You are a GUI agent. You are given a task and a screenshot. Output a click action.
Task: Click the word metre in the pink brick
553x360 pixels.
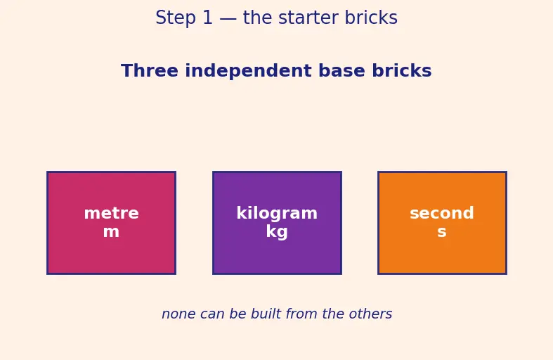112,213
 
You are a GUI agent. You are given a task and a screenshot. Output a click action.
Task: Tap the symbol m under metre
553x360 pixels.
111,232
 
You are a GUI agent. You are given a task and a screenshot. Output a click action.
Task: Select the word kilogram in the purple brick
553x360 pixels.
277,213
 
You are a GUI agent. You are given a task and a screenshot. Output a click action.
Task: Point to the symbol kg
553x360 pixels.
277,232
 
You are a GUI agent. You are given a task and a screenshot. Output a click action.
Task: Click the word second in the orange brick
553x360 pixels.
442,213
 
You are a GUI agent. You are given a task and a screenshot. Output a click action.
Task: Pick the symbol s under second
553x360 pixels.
442,232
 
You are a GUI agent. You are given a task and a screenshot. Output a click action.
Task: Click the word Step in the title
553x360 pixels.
175,18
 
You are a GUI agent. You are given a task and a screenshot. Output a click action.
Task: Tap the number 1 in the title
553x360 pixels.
208,18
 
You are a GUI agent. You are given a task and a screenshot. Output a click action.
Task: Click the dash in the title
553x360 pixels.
228,20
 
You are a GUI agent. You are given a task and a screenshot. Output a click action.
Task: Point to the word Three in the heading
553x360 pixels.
150,70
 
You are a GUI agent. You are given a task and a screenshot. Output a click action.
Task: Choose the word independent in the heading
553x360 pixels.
248,72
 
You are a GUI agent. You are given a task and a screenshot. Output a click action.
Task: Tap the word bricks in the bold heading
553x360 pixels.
402,70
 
